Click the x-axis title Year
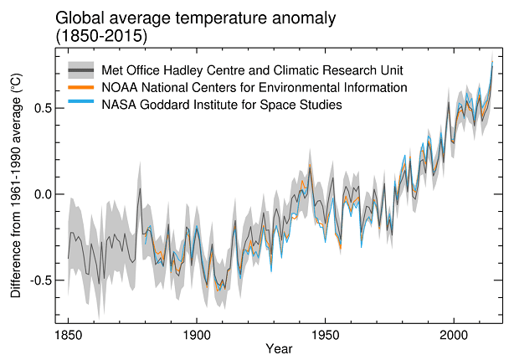[280, 348]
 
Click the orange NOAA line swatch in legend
[81, 87]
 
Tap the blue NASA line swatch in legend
[81, 104]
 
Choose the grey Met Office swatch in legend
[81, 69]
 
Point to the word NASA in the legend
[118, 104]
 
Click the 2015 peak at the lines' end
[492, 59]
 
